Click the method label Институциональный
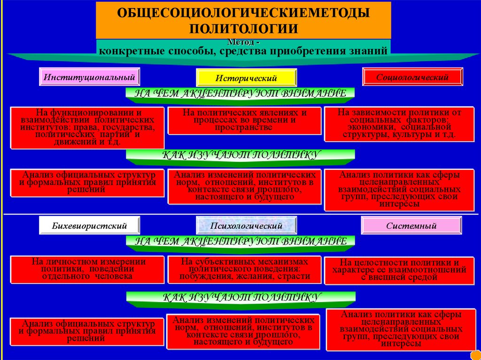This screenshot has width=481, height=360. click(x=89, y=76)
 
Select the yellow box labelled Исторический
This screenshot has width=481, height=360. click(x=246, y=78)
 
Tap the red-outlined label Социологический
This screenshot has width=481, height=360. click(x=412, y=77)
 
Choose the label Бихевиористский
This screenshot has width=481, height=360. click(x=89, y=226)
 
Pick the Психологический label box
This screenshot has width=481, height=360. click(x=246, y=226)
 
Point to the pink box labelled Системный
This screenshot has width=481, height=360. click(x=411, y=226)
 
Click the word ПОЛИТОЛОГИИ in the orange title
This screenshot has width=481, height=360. click(x=243, y=28)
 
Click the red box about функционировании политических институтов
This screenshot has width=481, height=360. click(x=88, y=127)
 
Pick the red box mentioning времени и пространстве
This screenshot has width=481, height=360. click(x=245, y=120)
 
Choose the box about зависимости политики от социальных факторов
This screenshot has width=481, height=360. click(x=399, y=124)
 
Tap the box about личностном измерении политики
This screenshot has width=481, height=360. click(x=87, y=269)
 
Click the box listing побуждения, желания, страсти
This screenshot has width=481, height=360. click(x=245, y=269)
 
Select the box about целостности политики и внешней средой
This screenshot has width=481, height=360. click(x=399, y=270)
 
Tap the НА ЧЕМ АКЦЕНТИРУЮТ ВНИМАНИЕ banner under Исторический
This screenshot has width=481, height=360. click(x=240, y=93)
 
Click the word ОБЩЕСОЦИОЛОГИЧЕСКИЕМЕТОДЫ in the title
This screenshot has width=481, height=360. click(x=243, y=13)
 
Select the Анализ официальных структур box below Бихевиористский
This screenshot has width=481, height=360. click(x=87, y=330)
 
